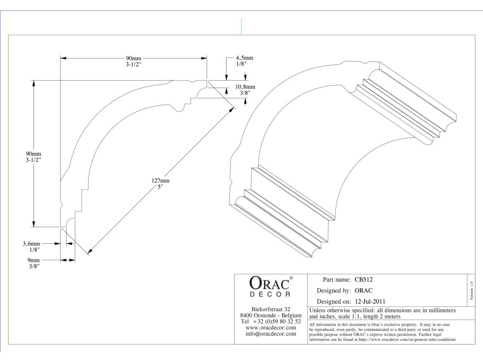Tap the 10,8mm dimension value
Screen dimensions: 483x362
[245, 87]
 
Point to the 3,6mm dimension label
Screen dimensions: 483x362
[32, 244]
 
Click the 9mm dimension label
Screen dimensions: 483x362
[33, 260]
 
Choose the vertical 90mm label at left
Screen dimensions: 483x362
[33, 154]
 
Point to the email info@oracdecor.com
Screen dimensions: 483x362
[271, 334]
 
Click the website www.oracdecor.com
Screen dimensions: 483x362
[271, 328]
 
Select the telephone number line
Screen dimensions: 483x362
[271, 321]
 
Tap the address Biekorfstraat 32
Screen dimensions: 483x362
[271, 309]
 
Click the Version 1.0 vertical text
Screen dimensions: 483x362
[472, 288]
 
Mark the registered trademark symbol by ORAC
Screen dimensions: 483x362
[291, 278]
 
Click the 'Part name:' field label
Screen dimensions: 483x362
[336, 280]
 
